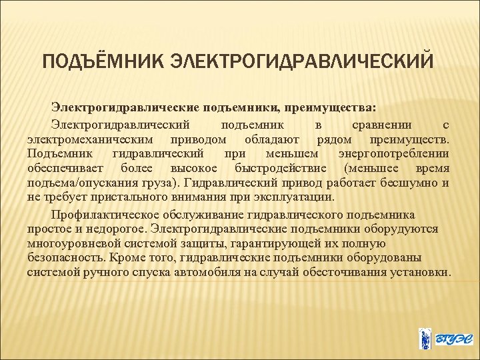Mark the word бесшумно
pos(408,183)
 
